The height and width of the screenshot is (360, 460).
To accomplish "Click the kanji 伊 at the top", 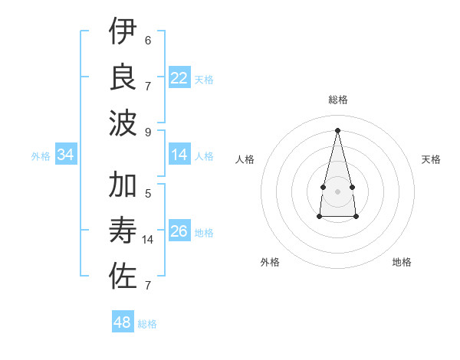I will click(123, 33).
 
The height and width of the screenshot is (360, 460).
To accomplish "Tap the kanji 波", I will click(123, 122).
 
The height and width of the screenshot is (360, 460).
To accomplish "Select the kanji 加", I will click(123, 186).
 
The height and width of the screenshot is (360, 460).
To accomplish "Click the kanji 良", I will click(123, 77).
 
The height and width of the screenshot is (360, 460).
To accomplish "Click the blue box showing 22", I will click(179, 77).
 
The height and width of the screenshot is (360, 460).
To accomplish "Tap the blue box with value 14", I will click(179, 155).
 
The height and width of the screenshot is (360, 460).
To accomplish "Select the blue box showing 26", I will click(179, 231).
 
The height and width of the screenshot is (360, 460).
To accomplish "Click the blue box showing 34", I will click(66, 155).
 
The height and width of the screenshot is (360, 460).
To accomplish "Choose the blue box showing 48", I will click(123, 322).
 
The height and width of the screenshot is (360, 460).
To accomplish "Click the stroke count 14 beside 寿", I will click(149, 240).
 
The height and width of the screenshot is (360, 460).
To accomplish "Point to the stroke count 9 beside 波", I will click(148, 131).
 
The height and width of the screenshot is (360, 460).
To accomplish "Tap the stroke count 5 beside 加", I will click(148, 195).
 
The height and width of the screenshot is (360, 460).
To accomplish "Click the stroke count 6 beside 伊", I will click(148, 41).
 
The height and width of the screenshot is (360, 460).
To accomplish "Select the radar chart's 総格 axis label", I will click(338, 100).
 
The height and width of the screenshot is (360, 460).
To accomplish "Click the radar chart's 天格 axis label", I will click(432, 159).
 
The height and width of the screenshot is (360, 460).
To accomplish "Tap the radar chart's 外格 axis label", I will click(270, 262).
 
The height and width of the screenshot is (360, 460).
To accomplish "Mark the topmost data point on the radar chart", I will click(338, 129).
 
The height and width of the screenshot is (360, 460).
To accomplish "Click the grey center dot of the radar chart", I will click(338, 191).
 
